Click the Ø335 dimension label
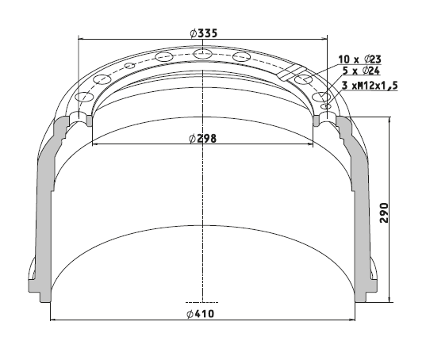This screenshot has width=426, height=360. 204,33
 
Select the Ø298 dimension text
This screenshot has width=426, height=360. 203,139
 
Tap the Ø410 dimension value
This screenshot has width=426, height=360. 201,314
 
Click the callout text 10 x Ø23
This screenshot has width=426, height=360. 359,59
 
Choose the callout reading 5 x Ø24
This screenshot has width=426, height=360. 361,71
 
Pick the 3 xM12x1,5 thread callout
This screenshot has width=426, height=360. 370,86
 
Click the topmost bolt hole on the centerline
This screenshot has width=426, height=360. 202,54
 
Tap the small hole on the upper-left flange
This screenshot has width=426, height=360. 130,66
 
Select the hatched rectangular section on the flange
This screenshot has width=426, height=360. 292,73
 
